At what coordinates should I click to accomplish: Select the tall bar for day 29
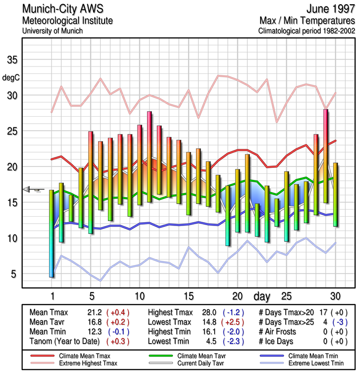click(x=326, y=156)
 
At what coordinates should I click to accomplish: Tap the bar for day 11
click(x=149, y=156)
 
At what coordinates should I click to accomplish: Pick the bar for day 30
click(x=335, y=194)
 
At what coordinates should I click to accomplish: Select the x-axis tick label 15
click(x=189, y=296)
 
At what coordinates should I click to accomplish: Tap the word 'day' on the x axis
click(x=262, y=296)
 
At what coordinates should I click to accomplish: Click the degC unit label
click(x=11, y=77)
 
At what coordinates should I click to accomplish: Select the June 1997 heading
click(x=331, y=9)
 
